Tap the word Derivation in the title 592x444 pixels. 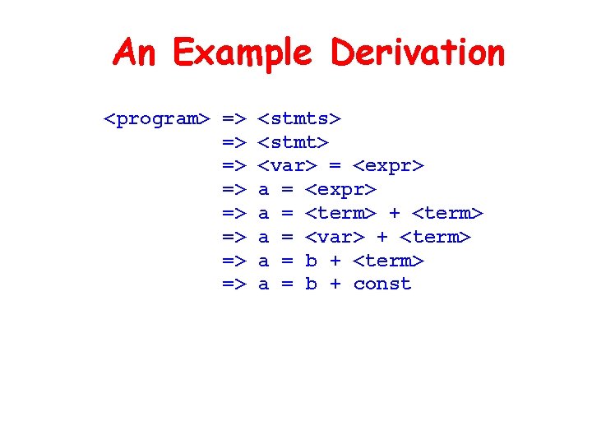(417, 53)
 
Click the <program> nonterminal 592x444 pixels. (156, 119)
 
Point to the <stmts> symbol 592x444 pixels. (300, 119)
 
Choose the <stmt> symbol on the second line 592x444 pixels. (294, 142)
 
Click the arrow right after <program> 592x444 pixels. (234, 119)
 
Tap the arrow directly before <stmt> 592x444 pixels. (234, 142)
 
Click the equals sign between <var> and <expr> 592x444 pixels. (335, 166)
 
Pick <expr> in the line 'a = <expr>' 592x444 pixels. (340, 190)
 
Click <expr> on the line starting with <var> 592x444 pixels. (388, 166)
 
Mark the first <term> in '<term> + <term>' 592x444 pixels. (340, 214)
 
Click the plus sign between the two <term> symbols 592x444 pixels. (394, 214)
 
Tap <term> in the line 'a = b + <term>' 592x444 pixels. (388, 261)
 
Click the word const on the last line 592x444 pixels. (382, 284)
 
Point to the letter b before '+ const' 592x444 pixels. (311, 284)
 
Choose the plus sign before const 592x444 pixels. (335, 284)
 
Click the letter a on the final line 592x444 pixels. (264, 284)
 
